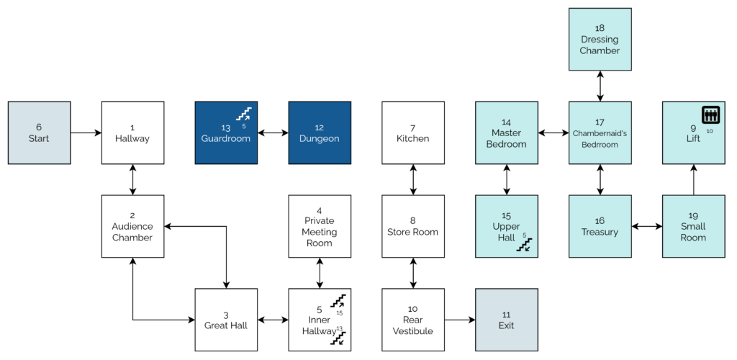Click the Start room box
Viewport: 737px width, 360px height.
click(x=39, y=132)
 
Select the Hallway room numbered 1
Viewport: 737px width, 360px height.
click(x=132, y=132)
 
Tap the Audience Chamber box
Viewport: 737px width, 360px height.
click(x=132, y=226)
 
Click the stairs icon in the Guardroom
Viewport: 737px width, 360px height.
click(x=245, y=114)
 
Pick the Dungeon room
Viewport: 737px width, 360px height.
click(x=320, y=132)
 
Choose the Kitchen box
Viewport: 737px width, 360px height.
click(x=413, y=132)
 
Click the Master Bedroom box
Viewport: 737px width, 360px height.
click(x=507, y=132)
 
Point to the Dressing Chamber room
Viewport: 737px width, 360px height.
click(x=600, y=40)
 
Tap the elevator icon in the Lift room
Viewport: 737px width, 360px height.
click(x=711, y=115)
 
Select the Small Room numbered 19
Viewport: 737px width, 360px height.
click(x=693, y=226)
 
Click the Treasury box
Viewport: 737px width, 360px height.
click(x=600, y=226)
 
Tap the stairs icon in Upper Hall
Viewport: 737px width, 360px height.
click(x=525, y=245)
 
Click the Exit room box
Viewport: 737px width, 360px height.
click(x=507, y=320)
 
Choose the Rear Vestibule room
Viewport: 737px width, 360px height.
click(x=413, y=320)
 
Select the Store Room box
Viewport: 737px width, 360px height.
click(x=413, y=226)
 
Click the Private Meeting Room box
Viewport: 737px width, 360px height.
click(x=320, y=226)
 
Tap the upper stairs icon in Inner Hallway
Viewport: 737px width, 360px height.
click(x=338, y=300)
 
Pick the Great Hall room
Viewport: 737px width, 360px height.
click(x=226, y=320)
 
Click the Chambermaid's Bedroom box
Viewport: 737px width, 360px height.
click(x=600, y=132)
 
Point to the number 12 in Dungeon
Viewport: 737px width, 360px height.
click(x=320, y=127)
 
